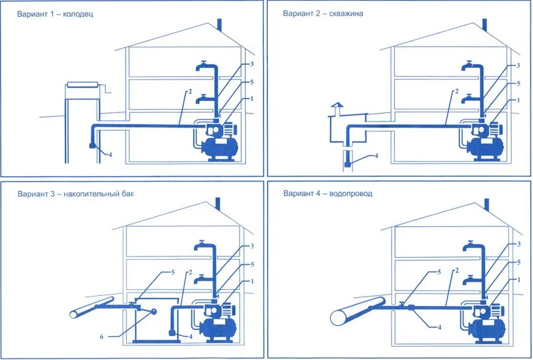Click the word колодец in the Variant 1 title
(x=78, y=14)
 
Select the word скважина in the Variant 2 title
(x=346, y=13)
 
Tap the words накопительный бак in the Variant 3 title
(x=99, y=194)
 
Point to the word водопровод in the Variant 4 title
(x=351, y=194)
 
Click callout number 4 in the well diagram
(x=110, y=155)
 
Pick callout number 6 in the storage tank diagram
(x=102, y=337)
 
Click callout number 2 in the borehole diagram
(x=456, y=92)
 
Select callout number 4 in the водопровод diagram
(x=439, y=328)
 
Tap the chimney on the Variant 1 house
(x=219, y=26)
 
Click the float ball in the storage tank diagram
(x=154, y=311)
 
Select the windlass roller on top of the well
(x=83, y=85)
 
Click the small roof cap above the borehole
(x=337, y=106)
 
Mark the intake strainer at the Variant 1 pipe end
(x=92, y=146)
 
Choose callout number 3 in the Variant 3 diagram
(x=252, y=246)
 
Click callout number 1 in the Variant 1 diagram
(x=252, y=99)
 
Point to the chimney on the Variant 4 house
(x=486, y=205)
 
